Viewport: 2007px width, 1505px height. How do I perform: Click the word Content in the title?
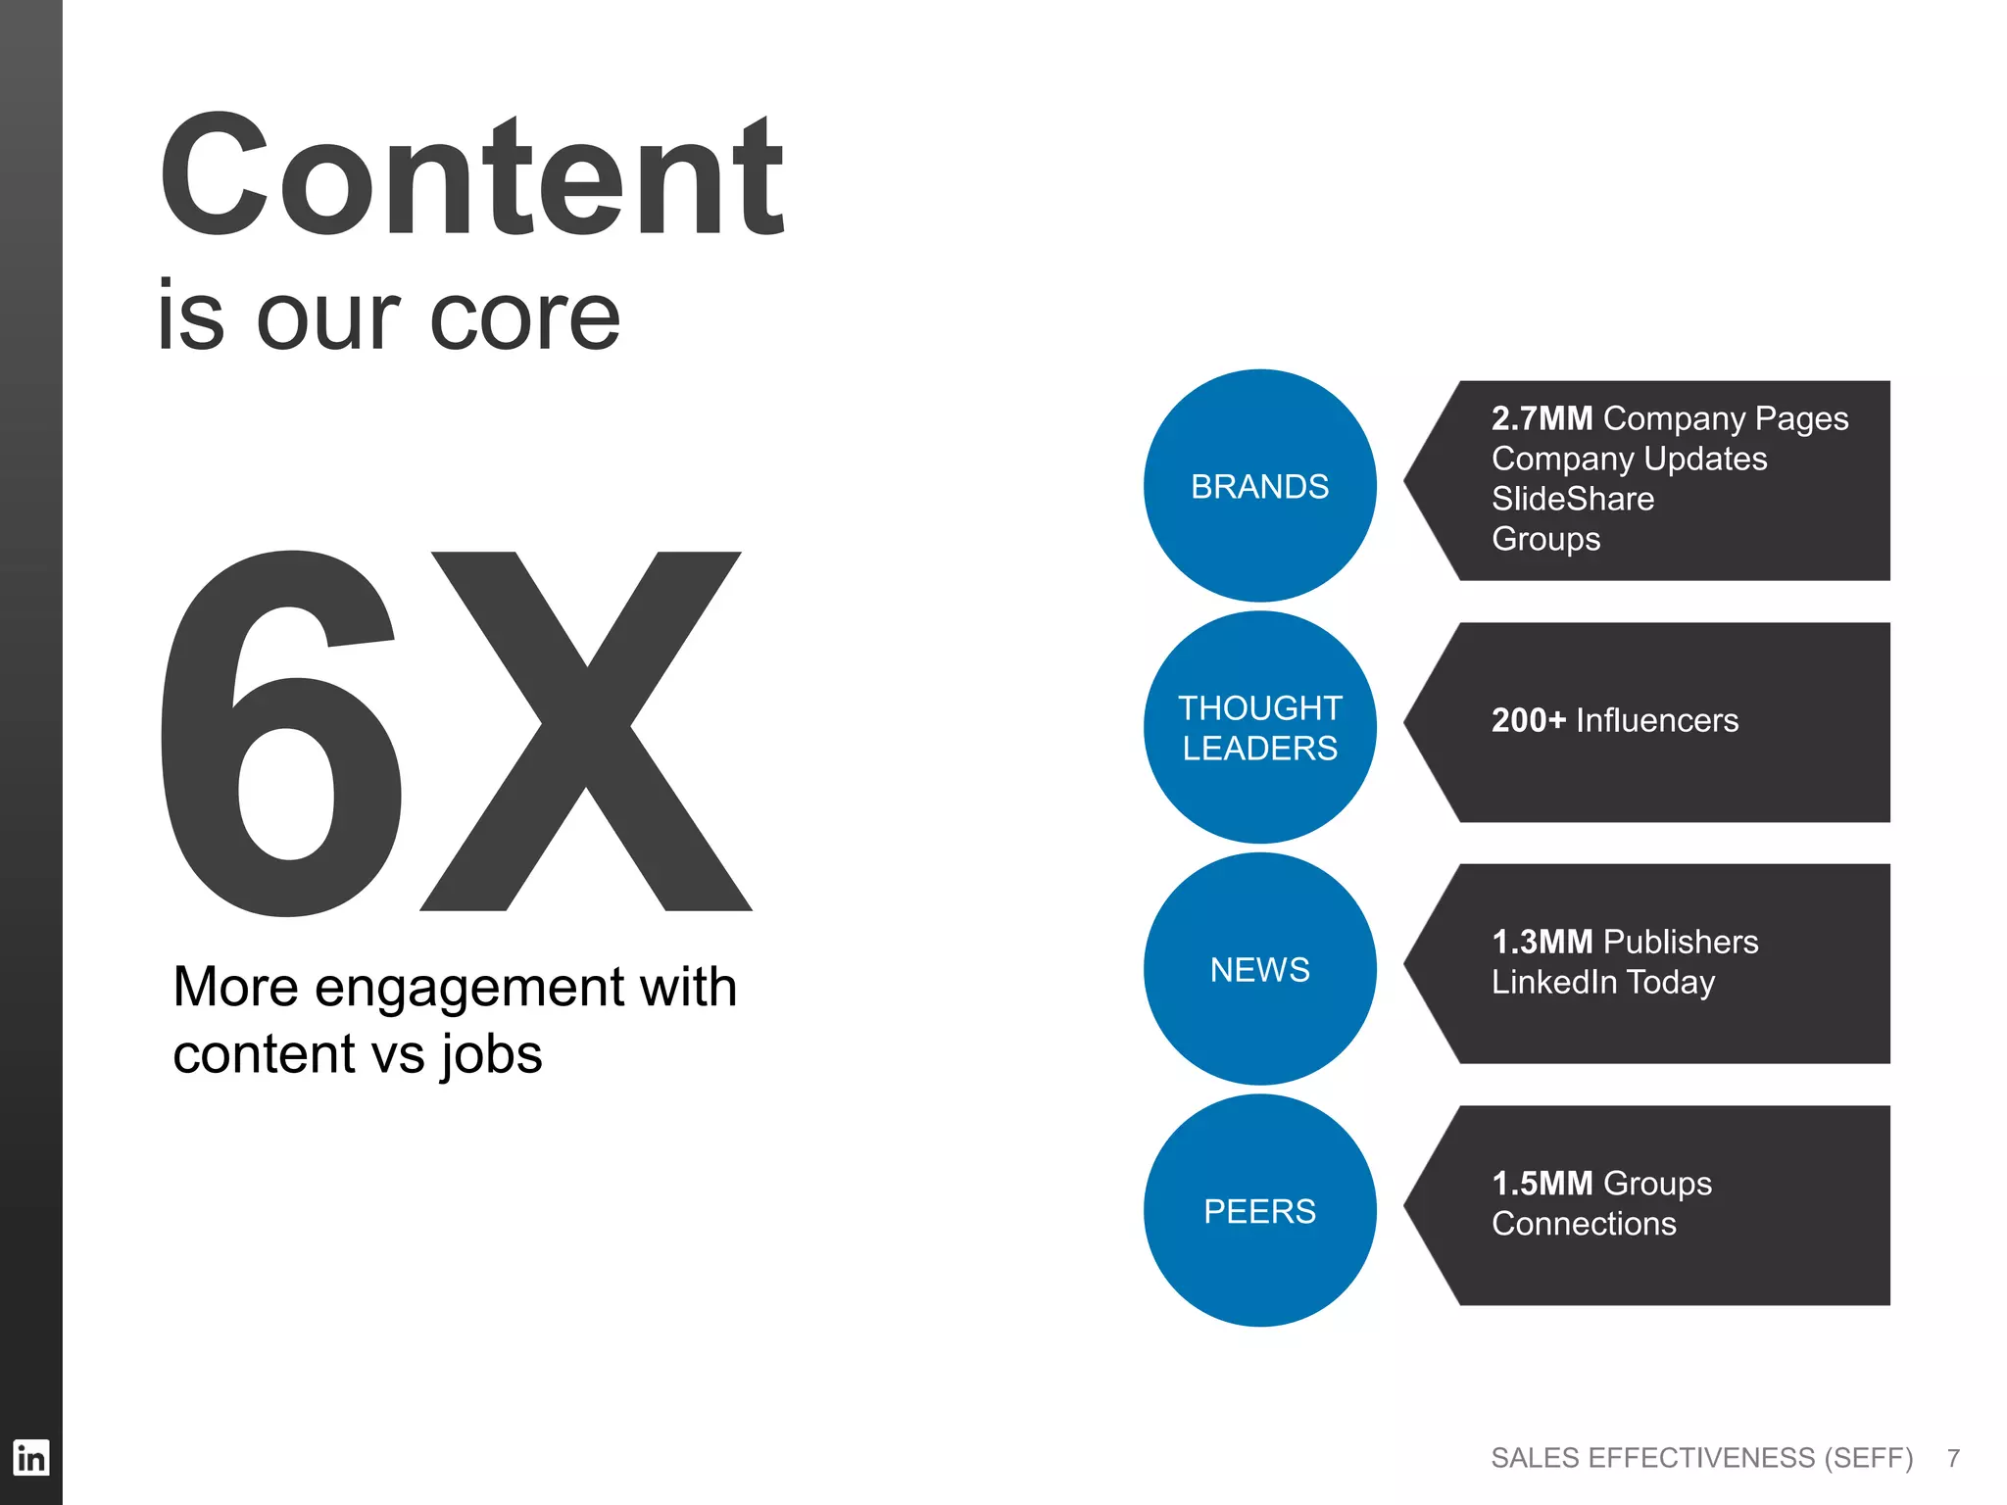pyautogui.click(x=470, y=176)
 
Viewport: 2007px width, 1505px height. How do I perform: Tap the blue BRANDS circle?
pyautogui.click(x=1259, y=486)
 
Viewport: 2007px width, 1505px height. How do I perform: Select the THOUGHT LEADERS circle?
pyautogui.click(x=1259, y=727)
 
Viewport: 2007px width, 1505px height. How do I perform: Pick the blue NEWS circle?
pyautogui.click(x=1259, y=969)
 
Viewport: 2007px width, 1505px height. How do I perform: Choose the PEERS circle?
pyautogui.click(x=1259, y=1211)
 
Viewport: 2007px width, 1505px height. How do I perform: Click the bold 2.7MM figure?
pyautogui.click(x=1542, y=418)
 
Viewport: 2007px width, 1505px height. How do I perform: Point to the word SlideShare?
pyautogui.click(x=1572, y=499)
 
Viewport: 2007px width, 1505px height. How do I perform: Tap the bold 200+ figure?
pyautogui.click(x=1528, y=720)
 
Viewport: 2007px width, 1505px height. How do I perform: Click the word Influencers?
pyautogui.click(x=1657, y=720)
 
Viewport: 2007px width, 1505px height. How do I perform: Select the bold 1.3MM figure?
pyautogui.click(x=1542, y=942)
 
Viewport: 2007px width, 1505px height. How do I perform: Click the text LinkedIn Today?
pyautogui.click(x=1603, y=982)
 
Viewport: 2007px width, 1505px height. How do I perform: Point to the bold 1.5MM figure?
pyautogui.click(x=1542, y=1184)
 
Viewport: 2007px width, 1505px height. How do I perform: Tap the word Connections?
pyautogui.click(x=1584, y=1224)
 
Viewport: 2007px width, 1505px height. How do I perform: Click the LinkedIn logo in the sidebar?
pyautogui.click(x=30, y=1458)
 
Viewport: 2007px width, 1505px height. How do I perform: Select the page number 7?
pyautogui.click(x=1953, y=1458)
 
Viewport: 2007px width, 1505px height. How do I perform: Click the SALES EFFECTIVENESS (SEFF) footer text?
pyautogui.click(x=1701, y=1458)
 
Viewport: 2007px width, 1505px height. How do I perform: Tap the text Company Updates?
pyautogui.click(x=1629, y=459)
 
